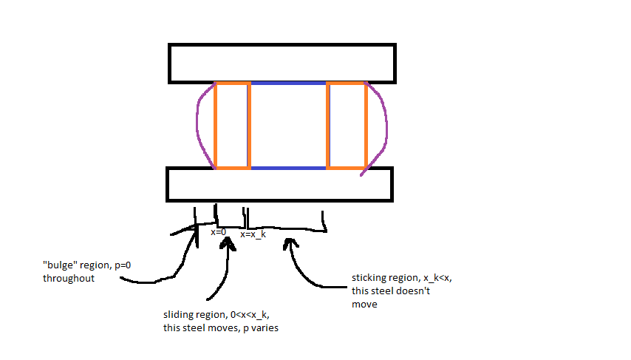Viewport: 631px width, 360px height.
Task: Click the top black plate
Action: pyautogui.click(x=281, y=63)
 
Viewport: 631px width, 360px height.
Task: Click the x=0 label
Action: pyautogui.click(x=218, y=232)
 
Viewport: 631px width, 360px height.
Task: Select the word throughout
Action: pyautogui.click(x=69, y=278)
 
